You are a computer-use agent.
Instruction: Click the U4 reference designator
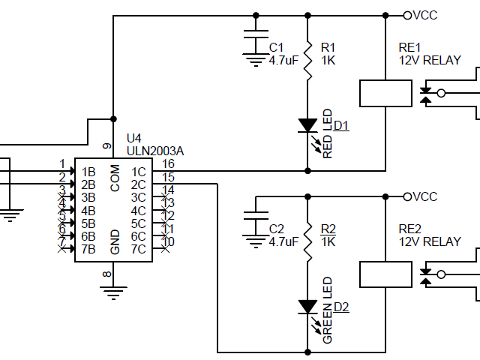(x=133, y=139)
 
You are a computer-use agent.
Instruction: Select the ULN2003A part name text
(x=154, y=151)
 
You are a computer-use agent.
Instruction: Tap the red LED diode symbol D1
(x=307, y=124)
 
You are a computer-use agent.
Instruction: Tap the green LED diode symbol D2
(x=307, y=306)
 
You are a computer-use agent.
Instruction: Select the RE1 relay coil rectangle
(x=385, y=93)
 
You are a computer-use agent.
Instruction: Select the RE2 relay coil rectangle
(x=385, y=274)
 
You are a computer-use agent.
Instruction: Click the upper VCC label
(x=425, y=15)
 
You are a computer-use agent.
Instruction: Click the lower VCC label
(x=425, y=196)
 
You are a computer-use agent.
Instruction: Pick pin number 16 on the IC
(x=168, y=163)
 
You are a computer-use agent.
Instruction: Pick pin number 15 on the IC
(x=168, y=177)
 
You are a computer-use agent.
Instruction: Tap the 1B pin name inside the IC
(x=88, y=172)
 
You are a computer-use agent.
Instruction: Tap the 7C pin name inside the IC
(x=138, y=249)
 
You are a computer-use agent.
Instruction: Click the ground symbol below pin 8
(x=113, y=292)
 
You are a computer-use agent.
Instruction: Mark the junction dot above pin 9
(x=113, y=118)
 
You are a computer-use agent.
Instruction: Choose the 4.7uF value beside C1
(x=283, y=61)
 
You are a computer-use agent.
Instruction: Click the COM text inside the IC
(x=115, y=178)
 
